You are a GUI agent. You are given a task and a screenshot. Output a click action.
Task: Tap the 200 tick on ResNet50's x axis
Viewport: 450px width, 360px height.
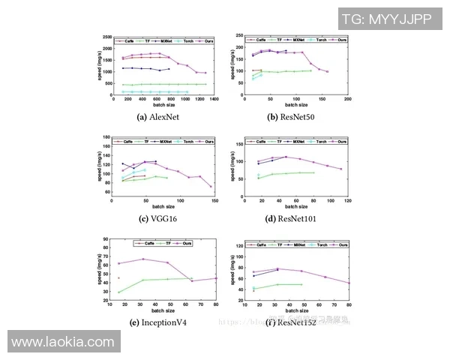(x=347, y=99)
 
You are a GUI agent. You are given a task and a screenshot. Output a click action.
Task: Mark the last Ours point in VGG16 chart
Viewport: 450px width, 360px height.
(x=211, y=187)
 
